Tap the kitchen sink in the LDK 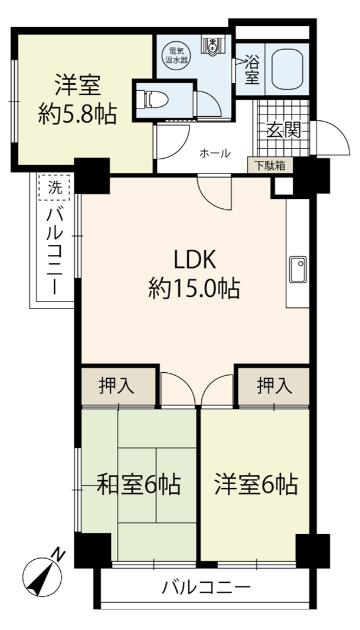pos(298,269)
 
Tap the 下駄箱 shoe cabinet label pos(270,166)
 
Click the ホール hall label pos(215,153)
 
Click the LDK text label pos(195,261)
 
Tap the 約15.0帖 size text pos(195,288)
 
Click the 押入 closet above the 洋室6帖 pos(274,387)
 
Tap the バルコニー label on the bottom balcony pos(206,589)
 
